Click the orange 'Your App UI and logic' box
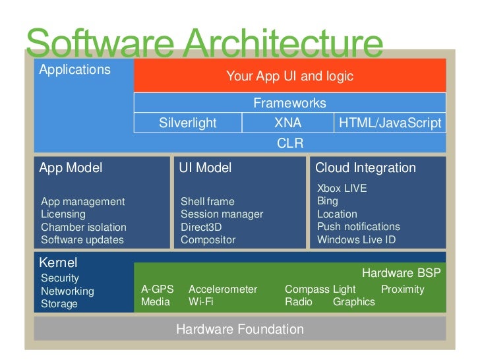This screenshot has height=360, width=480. [289, 76]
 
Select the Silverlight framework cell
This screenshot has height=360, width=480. [188, 123]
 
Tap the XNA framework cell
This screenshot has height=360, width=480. [287, 123]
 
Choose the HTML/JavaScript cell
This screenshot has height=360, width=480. [389, 123]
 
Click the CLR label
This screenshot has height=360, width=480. [289, 143]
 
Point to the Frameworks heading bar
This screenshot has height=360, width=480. [289, 104]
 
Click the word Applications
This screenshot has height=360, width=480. [75, 69]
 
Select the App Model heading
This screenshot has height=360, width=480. [71, 168]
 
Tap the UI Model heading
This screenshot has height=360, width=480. [205, 168]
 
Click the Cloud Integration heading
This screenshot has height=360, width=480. [366, 168]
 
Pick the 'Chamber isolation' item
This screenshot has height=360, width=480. [83, 227]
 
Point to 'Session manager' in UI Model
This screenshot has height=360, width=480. [222, 214]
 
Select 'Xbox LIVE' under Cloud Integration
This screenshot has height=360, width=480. [342, 189]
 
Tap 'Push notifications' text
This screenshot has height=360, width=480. [358, 227]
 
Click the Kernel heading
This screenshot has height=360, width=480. [59, 262]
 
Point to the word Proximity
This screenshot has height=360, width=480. [402, 289]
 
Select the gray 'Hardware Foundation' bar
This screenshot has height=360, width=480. [240, 329]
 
